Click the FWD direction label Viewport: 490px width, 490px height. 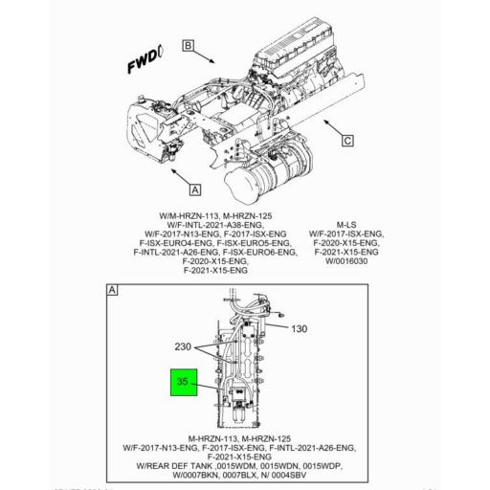pyautogui.click(x=146, y=63)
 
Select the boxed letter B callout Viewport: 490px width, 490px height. pyautogui.click(x=189, y=45)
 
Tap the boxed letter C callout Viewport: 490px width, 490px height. pyautogui.click(x=347, y=140)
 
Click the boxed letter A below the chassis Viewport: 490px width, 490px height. pyautogui.click(x=195, y=189)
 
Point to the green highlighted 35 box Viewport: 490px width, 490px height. pyautogui.click(x=184, y=383)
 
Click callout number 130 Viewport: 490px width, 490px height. pyautogui.click(x=299, y=328)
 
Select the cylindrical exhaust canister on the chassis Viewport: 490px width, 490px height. pyautogui.click(x=251, y=181)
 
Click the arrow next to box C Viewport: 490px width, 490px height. pyautogui.click(x=330, y=129)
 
